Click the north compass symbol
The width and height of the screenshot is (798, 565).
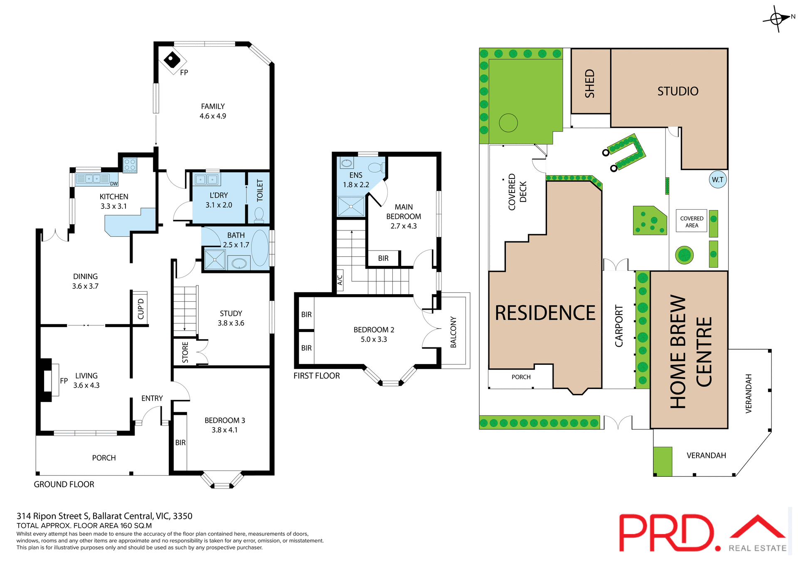click(776, 19)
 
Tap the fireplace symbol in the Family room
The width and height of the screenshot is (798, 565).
click(172, 60)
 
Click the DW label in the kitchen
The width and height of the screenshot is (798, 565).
click(114, 183)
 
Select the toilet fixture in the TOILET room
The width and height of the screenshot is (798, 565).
click(259, 215)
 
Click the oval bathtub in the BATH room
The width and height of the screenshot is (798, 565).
click(260, 248)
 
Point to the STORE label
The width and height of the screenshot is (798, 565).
click(185, 352)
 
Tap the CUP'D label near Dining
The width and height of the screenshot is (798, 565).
click(140, 309)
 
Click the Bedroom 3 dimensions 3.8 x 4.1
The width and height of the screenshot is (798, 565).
click(224, 430)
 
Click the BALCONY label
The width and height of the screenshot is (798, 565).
click(453, 332)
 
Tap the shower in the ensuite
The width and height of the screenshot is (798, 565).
click(351, 207)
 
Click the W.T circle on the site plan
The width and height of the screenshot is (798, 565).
click(717, 180)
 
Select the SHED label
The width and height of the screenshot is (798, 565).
click(590, 84)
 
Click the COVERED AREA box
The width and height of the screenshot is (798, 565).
click(692, 222)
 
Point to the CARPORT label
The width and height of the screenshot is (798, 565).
click(619, 326)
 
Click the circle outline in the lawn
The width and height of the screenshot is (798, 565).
click(508, 123)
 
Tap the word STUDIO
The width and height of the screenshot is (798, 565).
click(677, 91)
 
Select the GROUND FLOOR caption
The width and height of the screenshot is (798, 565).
click(64, 484)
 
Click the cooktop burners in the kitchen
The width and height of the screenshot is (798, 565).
click(130, 165)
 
